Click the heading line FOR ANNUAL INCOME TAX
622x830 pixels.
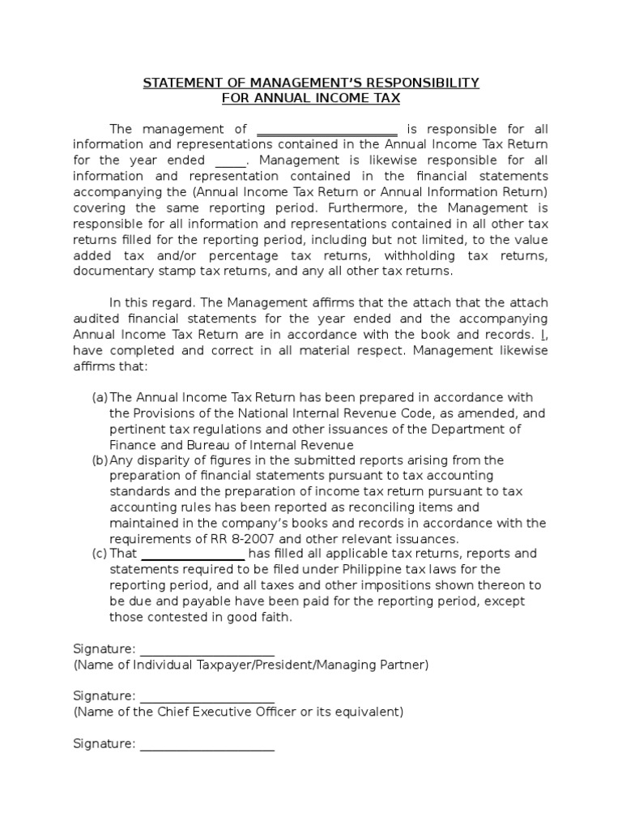click(311, 99)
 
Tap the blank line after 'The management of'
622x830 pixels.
click(326, 130)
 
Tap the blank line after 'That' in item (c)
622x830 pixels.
click(194, 554)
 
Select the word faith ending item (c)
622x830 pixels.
click(274, 617)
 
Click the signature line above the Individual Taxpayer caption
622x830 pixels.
click(207, 649)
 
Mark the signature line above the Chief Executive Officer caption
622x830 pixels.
click(207, 696)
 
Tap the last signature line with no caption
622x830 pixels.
click(207, 744)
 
